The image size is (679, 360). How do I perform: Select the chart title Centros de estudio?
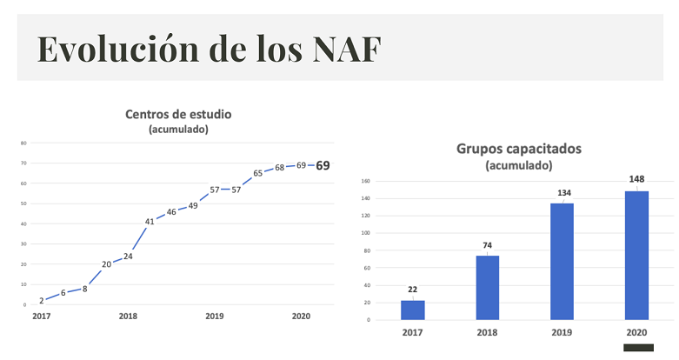pyautogui.click(x=178, y=114)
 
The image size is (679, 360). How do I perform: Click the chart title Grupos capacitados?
pyautogui.click(x=519, y=149)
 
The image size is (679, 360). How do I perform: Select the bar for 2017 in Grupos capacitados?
pyautogui.click(x=413, y=310)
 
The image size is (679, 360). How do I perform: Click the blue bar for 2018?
pyautogui.click(x=487, y=288)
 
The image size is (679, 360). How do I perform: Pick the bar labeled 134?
pyautogui.click(x=562, y=261)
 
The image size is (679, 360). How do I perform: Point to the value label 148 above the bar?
pyautogui.click(x=636, y=179)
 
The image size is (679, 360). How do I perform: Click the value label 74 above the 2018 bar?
pyautogui.click(x=487, y=245)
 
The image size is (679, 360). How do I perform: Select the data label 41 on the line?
pyautogui.click(x=150, y=222)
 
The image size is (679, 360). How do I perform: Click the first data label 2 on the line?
pyautogui.click(x=41, y=300)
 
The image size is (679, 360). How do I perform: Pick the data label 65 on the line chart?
pyautogui.click(x=258, y=173)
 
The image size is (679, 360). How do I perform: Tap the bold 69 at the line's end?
pyautogui.click(x=323, y=165)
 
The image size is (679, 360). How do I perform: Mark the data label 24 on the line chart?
pyautogui.click(x=128, y=257)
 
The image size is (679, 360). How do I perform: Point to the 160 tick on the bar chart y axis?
pyautogui.click(x=366, y=182)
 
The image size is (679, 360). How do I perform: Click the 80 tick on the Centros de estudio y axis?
pyautogui.click(x=23, y=143)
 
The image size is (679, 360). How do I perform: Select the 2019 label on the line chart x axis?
pyautogui.click(x=215, y=317)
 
